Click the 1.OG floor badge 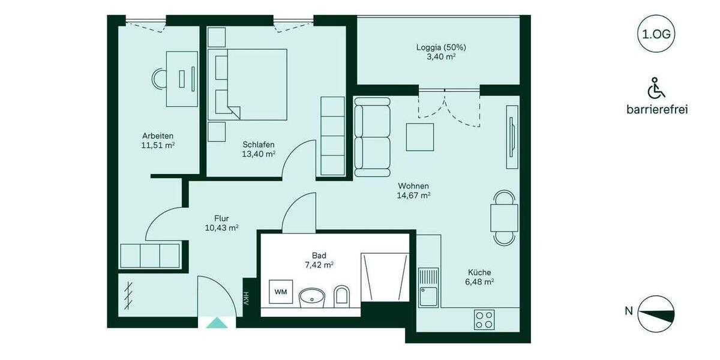pos(656,34)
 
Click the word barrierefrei pos(656,110)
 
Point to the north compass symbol pos(656,314)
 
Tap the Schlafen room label pos(259,144)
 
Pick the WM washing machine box pos(281,292)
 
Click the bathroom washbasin pos(311,296)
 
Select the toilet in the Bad pos(341,295)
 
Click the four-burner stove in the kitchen pos(484,319)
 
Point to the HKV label pos(246,298)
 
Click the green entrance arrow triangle pos(217,323)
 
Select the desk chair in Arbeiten pos(160,79)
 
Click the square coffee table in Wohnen pos(420,136)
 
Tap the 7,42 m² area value pos(319,265)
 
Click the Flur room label pos(221,218)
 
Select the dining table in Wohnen pos(504,218)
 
